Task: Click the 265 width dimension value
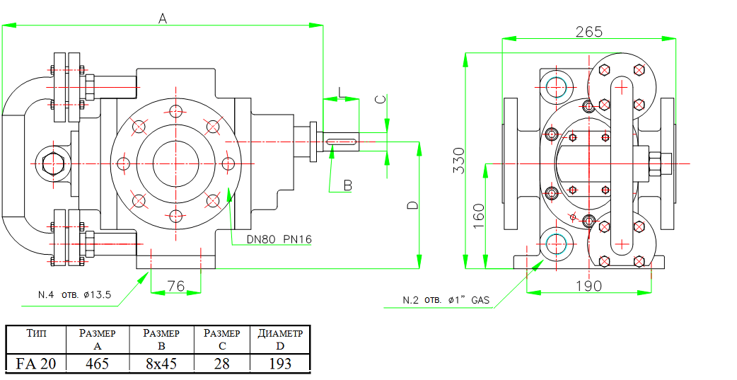coord(588,32)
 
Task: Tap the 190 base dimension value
coord(588,286)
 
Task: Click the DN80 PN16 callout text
coord(279,240)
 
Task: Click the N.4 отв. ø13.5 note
coord(74,295)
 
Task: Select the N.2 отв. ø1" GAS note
coord(446,300)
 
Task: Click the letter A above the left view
coord(162,20)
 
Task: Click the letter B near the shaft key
coord(347,185)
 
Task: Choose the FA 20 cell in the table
coord(37,364)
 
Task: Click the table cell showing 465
coord(97,364)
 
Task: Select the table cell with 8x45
coord(161,364)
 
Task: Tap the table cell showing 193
coord(280,364)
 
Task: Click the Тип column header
coord(37,333)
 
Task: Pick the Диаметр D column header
coord(280,339)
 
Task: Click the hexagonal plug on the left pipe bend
coord(52,164)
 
